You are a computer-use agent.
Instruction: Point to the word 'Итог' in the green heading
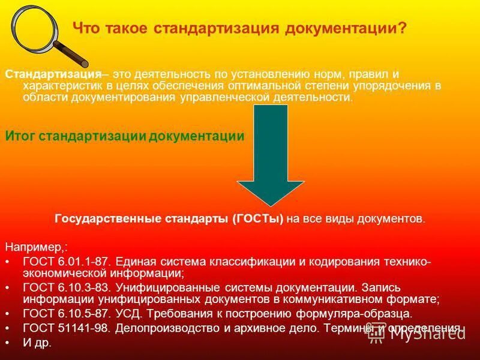(20, 136)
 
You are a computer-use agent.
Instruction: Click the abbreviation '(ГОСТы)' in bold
(258, 219)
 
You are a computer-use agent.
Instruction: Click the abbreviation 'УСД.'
(128, 313)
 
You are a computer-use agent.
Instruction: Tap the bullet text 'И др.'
(37, 343)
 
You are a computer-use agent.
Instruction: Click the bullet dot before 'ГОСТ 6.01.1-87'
(7, 263)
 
